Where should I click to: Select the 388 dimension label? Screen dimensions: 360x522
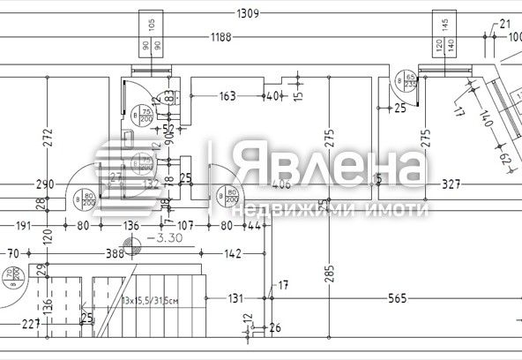[x=116, y=254]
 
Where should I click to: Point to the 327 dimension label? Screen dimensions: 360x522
[x=452, y=184]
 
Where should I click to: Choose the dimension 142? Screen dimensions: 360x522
[x=232, y=254]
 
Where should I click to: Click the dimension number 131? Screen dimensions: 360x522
[x=235, y=299]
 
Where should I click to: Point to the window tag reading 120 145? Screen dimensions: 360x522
[x=441, y=34]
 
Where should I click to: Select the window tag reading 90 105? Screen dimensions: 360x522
[x=146, y=34]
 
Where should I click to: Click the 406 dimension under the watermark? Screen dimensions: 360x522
[x=281, y=184]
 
